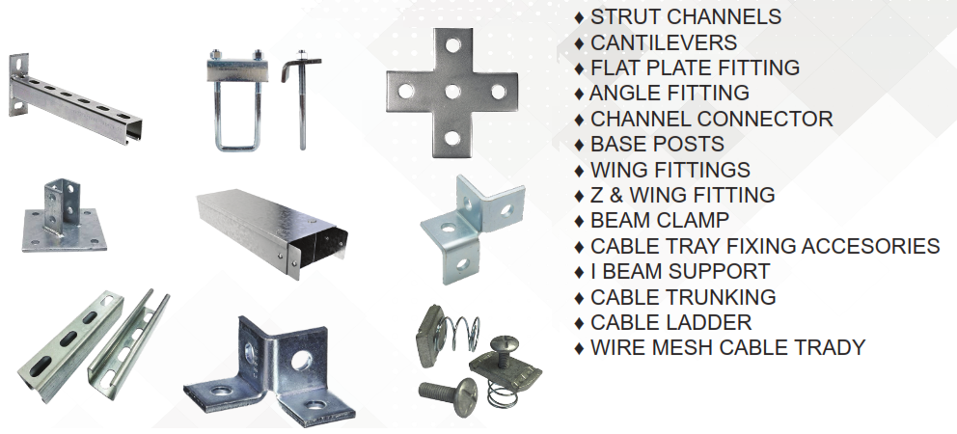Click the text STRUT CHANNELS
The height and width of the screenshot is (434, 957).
click(x=685, y=16)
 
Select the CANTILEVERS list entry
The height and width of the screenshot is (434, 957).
click(x=664, y=42)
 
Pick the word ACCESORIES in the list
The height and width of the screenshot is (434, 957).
click(x=870, y=245)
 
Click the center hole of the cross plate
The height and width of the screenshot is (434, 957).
click(x=452, y=93)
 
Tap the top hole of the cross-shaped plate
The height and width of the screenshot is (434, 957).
click(x=452, y=45)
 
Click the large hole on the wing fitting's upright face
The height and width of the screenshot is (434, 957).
click(x=301, y=361)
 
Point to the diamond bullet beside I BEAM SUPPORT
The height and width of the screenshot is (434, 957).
click(x=580, y=272)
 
